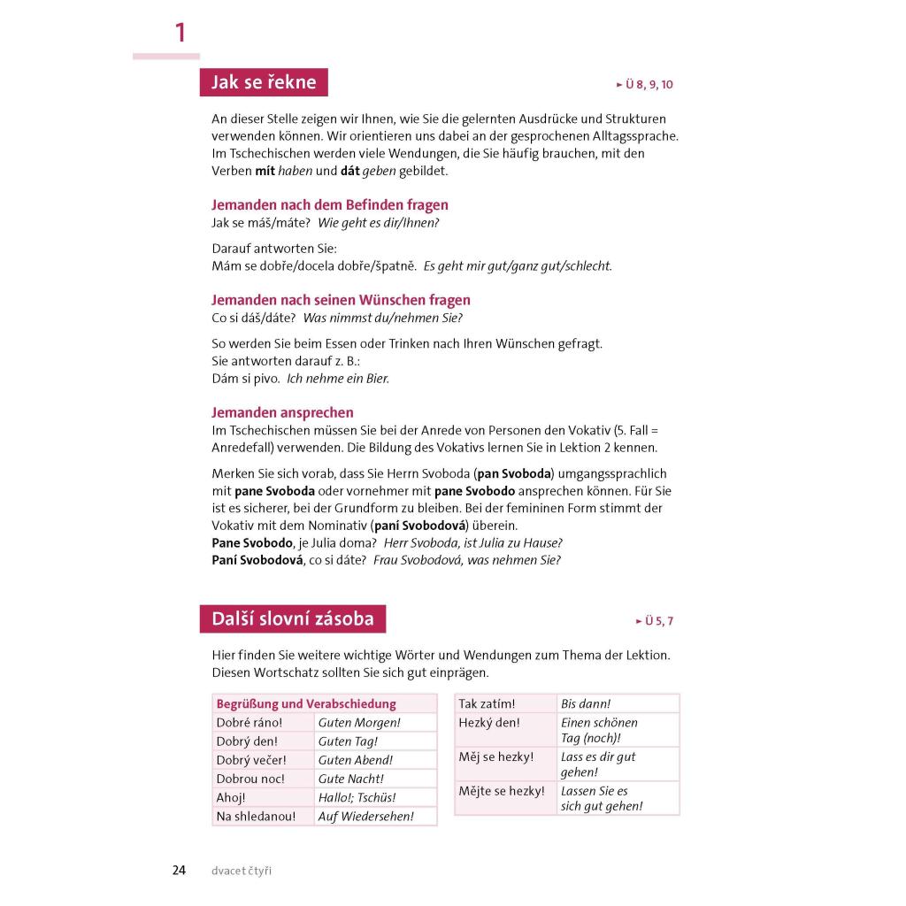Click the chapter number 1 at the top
tap(180, 34)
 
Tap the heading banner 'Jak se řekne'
tap(264, 82)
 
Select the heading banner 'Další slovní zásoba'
tap(293, 618)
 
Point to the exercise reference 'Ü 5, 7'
tap(655, 621)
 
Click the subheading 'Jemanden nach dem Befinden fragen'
tap(330, 205)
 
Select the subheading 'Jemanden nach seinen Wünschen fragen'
tap(341, 300)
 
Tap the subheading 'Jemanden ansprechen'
tap(282, 412)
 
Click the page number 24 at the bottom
tap(179, 871)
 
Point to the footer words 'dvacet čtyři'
tap(242, 871)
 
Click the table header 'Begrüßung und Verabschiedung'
tap(306, 704)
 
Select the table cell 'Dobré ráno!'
tap(250, 723)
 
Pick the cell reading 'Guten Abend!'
tap(356, 760)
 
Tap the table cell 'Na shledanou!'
tap(256, 817)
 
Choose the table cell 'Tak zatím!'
tap(487, 704)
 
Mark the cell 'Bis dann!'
tap(586, 704)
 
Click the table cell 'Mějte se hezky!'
tap(502, 791)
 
